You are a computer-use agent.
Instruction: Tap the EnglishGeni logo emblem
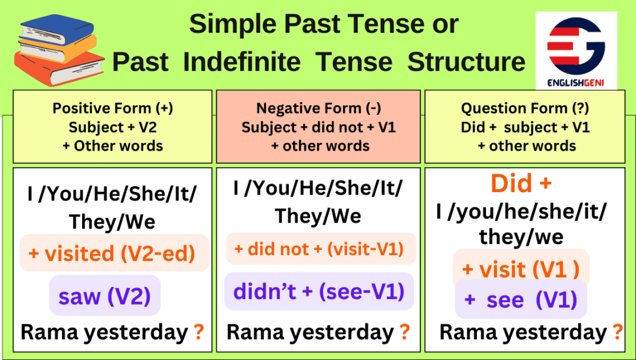(575, 47)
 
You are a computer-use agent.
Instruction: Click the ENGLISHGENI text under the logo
(575, 84)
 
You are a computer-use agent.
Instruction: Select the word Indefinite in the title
(288, 62)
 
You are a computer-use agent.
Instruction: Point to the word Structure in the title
(466, 62)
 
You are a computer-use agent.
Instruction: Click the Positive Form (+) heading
(113, 108)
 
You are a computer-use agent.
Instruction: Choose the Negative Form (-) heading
(319, 108)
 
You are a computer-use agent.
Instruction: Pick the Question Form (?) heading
(524, 108)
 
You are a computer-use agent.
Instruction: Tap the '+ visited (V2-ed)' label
(112, 253)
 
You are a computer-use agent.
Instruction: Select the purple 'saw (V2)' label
(104, 296)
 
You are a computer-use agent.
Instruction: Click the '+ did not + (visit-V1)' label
(319, 249)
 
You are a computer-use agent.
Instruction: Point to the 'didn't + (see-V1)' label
(319, 292)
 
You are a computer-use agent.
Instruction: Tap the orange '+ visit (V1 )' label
(520, 270)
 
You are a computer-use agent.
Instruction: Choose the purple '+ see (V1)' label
(520, 300)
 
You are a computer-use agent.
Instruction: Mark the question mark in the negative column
(404, 332)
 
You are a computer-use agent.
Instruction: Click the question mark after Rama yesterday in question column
(617, 331)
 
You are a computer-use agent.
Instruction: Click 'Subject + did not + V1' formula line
(319, 127)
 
